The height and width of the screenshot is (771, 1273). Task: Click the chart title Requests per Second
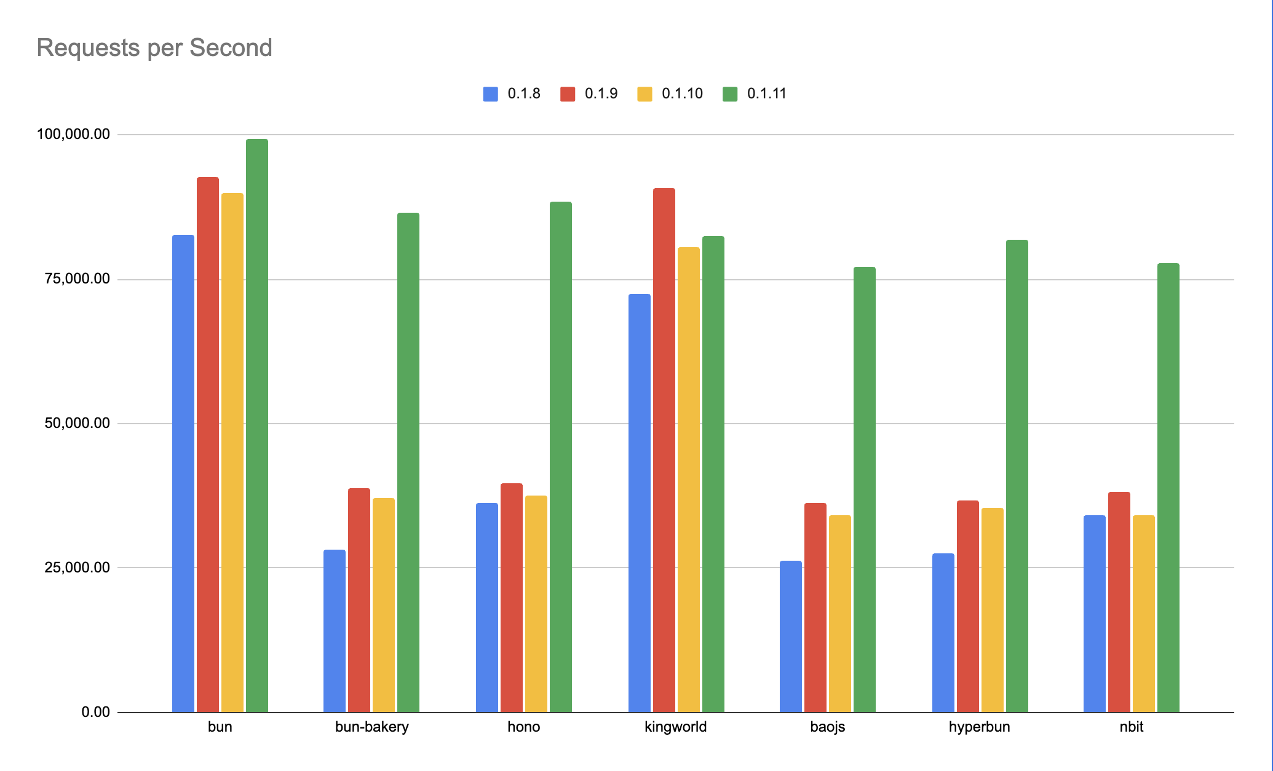pos(154,48)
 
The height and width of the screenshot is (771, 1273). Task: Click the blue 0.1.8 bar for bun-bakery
pos(335,631)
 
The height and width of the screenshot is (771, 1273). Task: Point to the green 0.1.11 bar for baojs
pos(865,489)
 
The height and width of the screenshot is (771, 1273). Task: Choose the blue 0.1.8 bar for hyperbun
pos(943,633)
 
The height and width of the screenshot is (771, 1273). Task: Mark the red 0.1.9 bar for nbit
pos(1119,602)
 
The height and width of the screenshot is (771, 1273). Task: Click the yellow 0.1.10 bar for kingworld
pos(689,480)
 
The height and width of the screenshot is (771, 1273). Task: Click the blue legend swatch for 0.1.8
pos(491,94)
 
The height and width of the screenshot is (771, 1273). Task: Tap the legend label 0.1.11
pos(766,94)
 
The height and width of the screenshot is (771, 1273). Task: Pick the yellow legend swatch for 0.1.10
pos(644,94)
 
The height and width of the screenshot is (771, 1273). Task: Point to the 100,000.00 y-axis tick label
pos(73,134)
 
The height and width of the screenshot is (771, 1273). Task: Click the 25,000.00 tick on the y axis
pos(77,567)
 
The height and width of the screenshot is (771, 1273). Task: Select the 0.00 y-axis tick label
pos(95,712)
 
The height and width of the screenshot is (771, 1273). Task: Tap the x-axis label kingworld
pos(675,727)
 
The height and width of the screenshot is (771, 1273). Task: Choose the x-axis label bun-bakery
pos(371,727)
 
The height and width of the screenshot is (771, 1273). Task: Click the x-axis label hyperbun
pos(979,727)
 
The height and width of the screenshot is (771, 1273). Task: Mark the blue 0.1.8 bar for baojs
pos(791,636)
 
